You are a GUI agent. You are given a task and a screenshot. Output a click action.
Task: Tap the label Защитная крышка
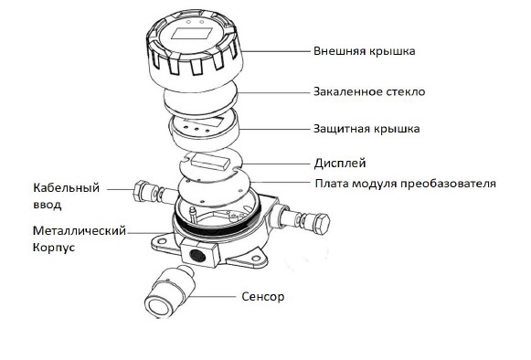click(367, 130)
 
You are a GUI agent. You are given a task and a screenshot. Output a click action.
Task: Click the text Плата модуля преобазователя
click(405, 184)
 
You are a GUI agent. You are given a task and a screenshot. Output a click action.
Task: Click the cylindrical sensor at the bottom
click(168, 290)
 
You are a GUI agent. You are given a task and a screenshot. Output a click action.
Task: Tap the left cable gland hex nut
click(143, 193)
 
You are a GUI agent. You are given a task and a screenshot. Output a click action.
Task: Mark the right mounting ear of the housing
click(262, 259)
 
